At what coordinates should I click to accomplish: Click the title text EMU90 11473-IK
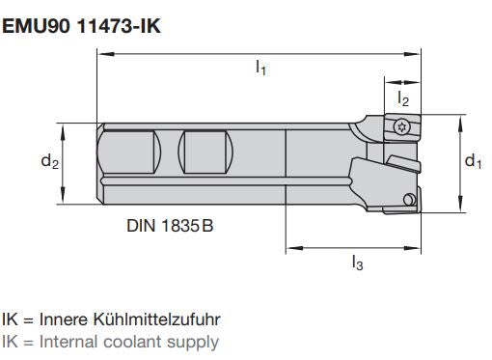point(81,26)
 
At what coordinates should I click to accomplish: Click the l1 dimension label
point(260,69)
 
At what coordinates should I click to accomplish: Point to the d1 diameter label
point(473,161)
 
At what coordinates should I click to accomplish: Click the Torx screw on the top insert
point(402,125)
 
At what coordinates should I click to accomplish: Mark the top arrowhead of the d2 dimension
point(64,127)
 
